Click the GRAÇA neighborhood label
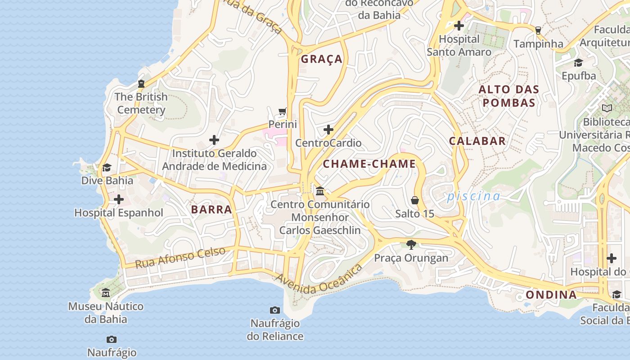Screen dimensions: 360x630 (322, 59)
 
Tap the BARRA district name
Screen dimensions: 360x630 (211, 209)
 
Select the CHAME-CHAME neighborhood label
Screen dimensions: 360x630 (369, 164)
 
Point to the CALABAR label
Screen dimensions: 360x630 (477, 141)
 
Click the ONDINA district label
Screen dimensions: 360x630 (551, 295)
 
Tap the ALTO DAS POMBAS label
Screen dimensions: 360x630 (508, 96)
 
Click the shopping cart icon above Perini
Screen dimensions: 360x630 (283, 111)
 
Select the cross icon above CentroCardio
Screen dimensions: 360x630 (328, 130)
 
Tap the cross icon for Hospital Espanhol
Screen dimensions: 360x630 (119, 199)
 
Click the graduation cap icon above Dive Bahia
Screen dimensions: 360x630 (107, 168)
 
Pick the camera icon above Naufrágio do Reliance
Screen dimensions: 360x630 (275, 310)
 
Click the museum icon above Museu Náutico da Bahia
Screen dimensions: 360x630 (106, 293)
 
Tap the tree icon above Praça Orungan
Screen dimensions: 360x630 (411, 245)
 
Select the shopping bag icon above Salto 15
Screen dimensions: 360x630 (415, 200)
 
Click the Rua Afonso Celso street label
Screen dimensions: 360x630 (180, 258)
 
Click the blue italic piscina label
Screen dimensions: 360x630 (473, 196)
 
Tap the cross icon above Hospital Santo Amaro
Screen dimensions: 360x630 (459, 26)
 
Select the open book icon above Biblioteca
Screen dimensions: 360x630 (607, 108)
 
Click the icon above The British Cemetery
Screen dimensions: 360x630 (141, 84)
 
